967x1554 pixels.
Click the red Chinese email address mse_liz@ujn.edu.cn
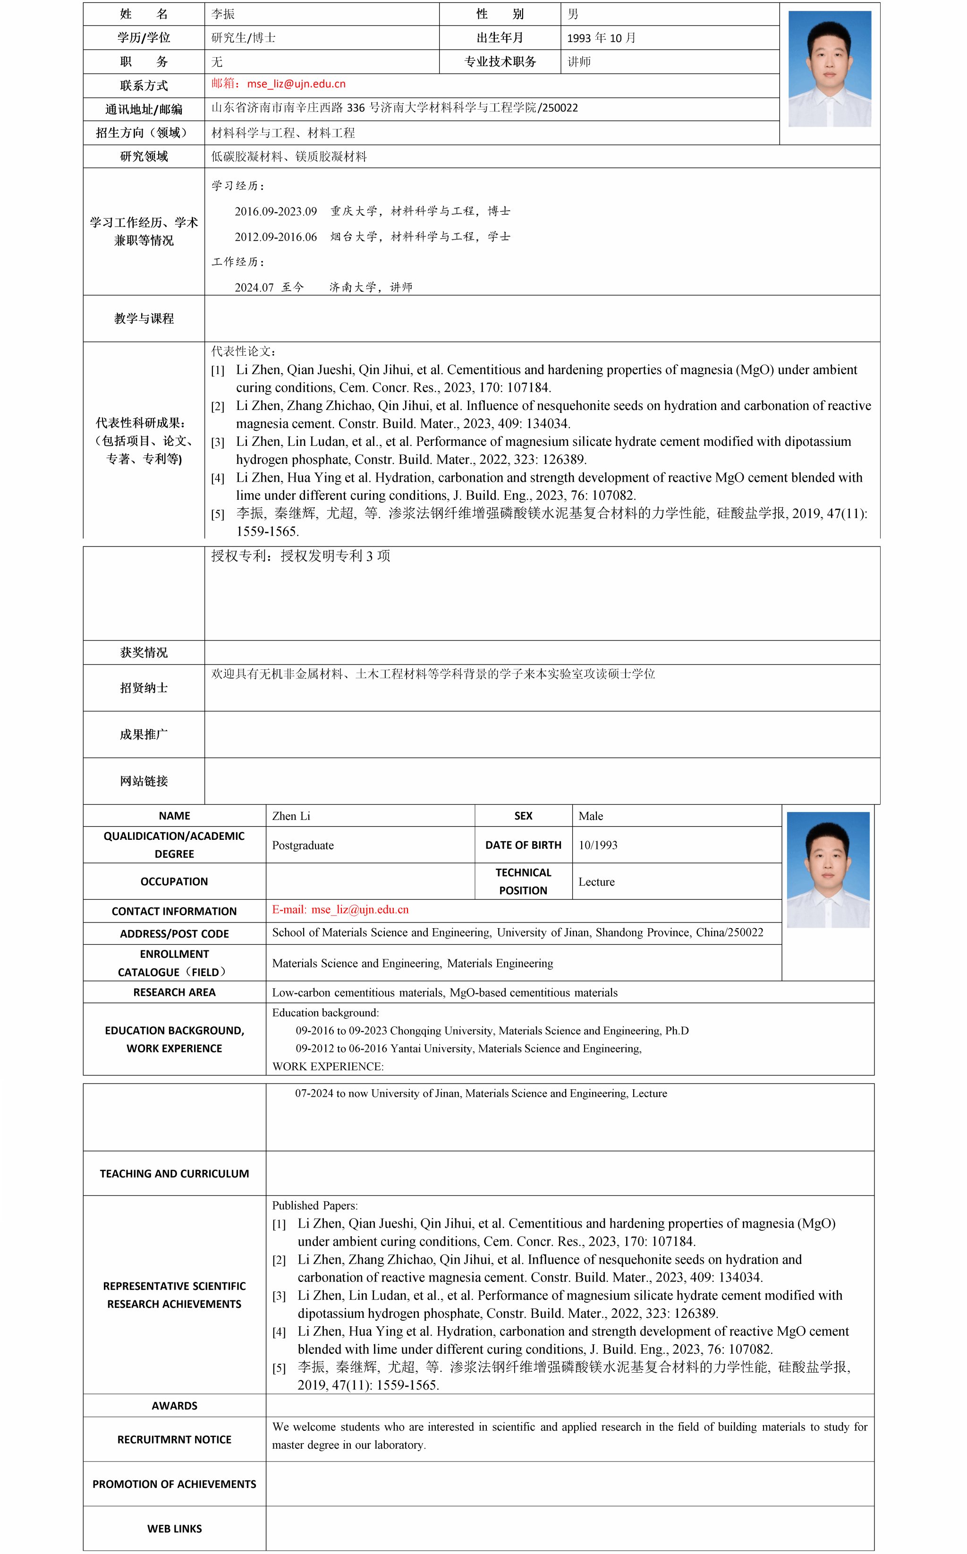[296, 84]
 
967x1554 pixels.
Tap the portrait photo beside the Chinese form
[830, 68]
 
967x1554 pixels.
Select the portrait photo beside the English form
[828, 870]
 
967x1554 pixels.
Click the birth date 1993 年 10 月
[601, 38]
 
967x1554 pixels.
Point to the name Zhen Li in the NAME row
[291, 816]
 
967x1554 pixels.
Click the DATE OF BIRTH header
[523, 845]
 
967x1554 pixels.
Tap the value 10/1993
[598, 845]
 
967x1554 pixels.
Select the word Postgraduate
[303, 845]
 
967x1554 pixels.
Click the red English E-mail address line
[340, 910]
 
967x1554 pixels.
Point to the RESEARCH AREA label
[174, 992]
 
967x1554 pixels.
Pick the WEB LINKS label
[174, 1528]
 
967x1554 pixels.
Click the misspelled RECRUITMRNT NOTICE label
[174, 1440]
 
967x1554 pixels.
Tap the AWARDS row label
[174, 1406]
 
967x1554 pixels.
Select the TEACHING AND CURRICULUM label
[174, 1173]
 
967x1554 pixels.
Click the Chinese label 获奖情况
[144, 653]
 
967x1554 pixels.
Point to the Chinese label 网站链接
[144, 781]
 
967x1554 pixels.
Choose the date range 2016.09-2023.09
[276, 212]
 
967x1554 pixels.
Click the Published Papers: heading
[314, 1205]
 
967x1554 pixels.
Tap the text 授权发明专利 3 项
[335, 556]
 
